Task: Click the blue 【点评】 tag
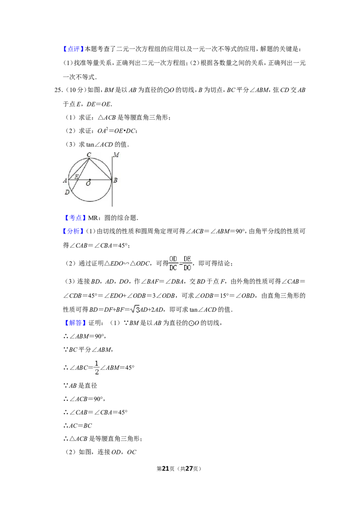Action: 73,49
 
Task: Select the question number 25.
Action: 58,90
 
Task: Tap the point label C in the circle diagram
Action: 89,155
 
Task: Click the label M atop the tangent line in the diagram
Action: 116,155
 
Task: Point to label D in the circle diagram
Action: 67,192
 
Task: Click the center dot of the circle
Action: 90,179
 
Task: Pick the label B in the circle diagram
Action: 115,180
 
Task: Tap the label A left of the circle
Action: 65,180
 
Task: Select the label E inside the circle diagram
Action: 76,177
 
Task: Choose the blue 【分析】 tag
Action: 73,231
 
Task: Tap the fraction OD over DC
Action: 173,263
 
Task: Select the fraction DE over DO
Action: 187,263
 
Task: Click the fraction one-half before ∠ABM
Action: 96,367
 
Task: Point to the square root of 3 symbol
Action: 135,309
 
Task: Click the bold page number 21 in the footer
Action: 166,469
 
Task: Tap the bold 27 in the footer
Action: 189,469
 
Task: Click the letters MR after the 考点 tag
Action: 93,218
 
